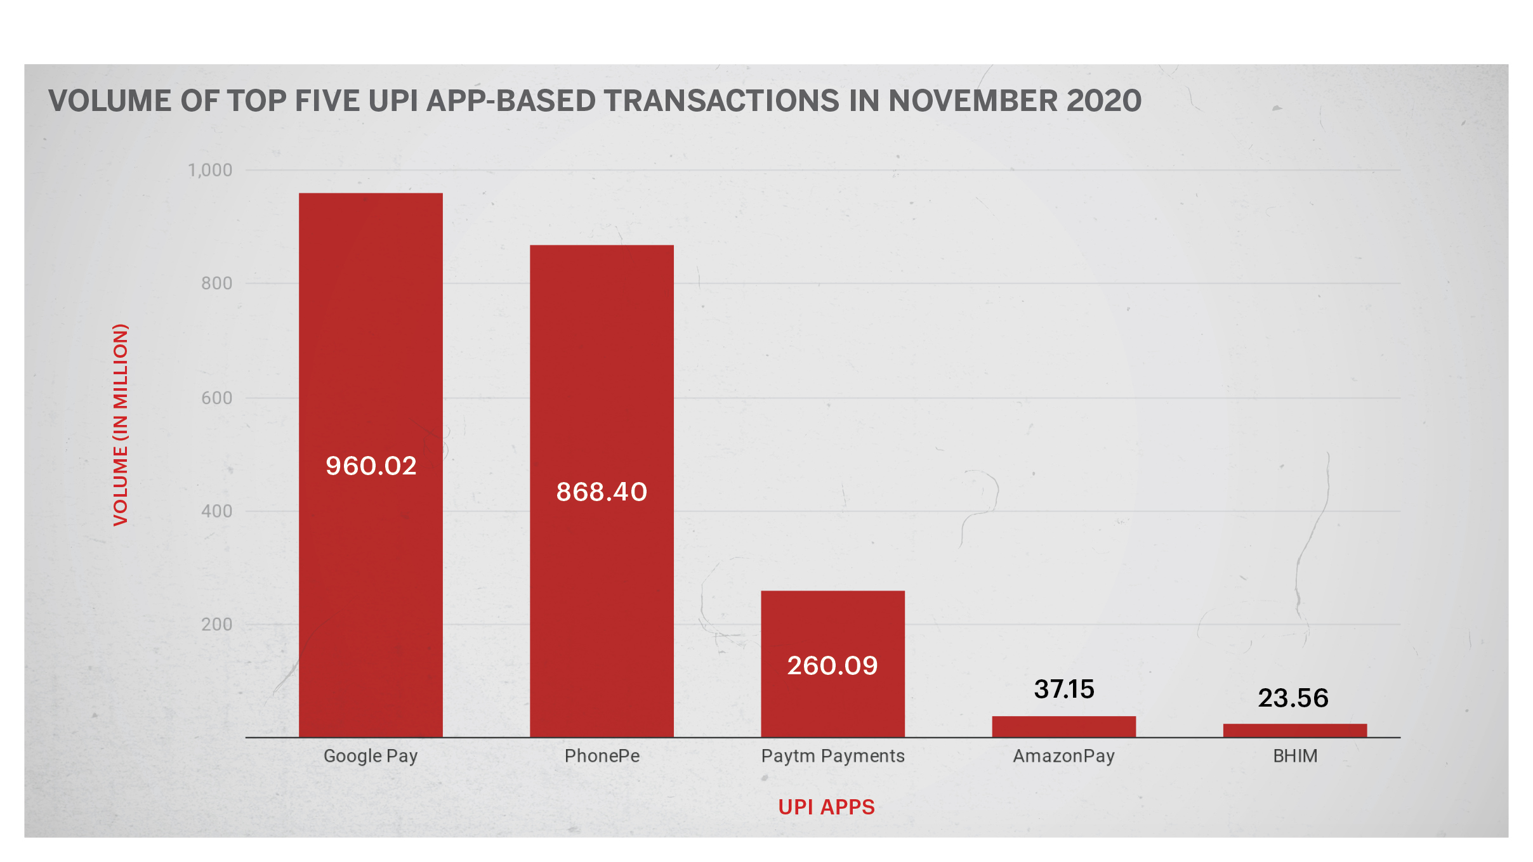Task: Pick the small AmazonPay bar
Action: click(1063, 726)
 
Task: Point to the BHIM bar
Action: click(1294, 730)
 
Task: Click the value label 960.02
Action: click(371, 466)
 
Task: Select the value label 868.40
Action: click(602, 492)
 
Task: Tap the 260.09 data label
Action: click(832, 666)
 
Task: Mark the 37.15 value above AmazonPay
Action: click(1064, 689)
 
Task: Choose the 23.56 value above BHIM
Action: click(1293, 698)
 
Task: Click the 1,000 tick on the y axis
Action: click(210, 170)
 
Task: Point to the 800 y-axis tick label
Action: click(216, 284)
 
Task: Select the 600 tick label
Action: click(216, 398)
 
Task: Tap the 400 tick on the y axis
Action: click(216, 511)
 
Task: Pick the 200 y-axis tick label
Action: click(216, 625)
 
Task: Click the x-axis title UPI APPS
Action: click(826, 807)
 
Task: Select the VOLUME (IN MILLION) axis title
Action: click(121, 425)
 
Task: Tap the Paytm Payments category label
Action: click(832, 756)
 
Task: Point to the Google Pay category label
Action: click(371, 756)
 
